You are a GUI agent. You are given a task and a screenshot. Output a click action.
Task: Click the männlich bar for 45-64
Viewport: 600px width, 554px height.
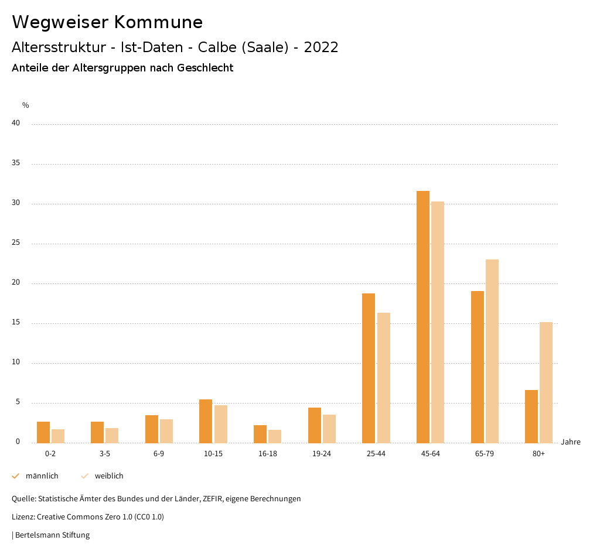pyautogui.click(x=423, y=317)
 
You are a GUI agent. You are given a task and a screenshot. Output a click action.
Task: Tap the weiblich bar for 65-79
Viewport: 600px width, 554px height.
pyautogui.click(x=492, y=351)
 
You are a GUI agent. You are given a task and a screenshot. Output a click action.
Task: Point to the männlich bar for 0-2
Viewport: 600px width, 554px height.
pyautogui.click(x=43, y=432)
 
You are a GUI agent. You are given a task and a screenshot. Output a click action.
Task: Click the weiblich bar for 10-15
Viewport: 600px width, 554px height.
pyautogui.click(x=221, y=424)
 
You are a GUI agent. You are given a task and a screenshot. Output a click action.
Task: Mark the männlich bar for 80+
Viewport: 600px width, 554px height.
pyautogui.click(x=531, y=416)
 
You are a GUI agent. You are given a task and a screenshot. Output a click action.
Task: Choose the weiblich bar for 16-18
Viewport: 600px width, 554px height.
pyautogui.click(x=275, y=436)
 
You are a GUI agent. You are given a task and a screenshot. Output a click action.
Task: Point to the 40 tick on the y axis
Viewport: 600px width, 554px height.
pyautogui.click(x=16, y=124)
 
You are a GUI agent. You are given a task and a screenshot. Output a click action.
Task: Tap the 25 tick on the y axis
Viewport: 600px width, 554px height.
pyautogui.click(x=16, y=243)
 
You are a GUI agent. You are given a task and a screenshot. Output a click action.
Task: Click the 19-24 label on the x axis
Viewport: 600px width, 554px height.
pyautogui.click(x=322, y=454)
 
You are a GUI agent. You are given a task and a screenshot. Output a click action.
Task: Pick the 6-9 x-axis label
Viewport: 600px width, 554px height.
pyautogui.click(x=159, y=454)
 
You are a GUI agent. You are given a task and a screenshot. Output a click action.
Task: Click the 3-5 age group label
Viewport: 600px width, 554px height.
pyautogui.click(x=105, y=454)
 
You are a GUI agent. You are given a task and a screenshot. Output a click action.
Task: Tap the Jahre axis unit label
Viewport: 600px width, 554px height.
pyautogui.click(x=571, y=442)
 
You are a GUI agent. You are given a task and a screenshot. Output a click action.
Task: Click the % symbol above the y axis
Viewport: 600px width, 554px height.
pyautogui.click(x=26, y=105)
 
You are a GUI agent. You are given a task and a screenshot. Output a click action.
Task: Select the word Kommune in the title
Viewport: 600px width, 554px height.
pyautogui.click(x=158, y=22)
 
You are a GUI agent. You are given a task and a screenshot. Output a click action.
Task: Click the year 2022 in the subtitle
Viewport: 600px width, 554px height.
pyautogui.click(x=321, y=47)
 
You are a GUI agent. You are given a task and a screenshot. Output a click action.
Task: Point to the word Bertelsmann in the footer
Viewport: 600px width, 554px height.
pyautogui.click(x=36, y=535)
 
